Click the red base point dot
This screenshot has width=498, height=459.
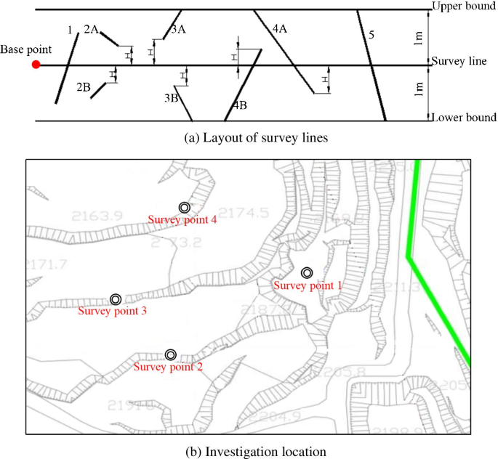pos(36,65)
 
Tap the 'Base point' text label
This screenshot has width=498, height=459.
pos(26,49)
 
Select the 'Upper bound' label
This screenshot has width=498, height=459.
pos(463,7)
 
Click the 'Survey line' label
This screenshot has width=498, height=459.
pos(459,62)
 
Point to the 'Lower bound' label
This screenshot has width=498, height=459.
pos(463,117)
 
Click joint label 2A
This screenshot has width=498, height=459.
pos(92,29)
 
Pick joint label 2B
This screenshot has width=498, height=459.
pos(84,87)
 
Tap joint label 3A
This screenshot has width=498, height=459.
pos(179,29)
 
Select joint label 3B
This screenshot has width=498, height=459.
pos(172,97)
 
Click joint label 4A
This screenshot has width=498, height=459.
pos(280,29)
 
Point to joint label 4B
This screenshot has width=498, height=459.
pos(239,105)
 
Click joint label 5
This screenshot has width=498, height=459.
pos(372,34)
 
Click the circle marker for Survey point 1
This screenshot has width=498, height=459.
pos(308,272)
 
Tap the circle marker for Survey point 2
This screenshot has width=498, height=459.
pos(171,354)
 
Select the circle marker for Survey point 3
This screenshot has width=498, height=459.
pos(116,299)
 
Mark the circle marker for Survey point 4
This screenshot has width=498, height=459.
pos(185,208)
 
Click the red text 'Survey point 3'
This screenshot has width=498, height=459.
pos(112,312)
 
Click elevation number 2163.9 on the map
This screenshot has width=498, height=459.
pos(97,216)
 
